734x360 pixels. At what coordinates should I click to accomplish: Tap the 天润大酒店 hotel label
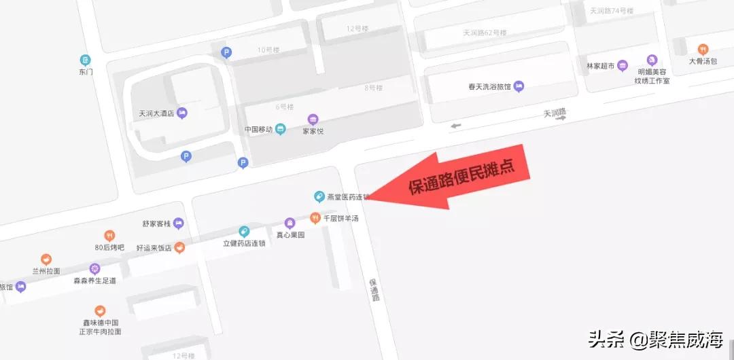157,113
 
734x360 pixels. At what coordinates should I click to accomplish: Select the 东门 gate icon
85,60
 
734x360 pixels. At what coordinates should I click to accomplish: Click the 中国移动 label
258,129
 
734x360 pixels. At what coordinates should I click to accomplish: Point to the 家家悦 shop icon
313,119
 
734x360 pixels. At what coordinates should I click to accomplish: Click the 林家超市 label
600,66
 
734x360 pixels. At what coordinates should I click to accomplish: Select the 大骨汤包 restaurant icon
703,49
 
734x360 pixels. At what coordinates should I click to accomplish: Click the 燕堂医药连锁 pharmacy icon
318,197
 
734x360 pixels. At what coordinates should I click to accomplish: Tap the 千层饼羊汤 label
340,219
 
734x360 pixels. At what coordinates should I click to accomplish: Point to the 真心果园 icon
290,223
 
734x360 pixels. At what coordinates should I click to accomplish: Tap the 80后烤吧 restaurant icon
109,236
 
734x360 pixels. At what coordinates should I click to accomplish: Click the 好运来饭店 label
154,247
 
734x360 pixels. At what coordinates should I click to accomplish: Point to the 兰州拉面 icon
46,259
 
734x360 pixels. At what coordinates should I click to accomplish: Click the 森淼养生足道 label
94,281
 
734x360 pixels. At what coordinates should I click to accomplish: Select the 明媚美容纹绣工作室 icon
652,60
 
